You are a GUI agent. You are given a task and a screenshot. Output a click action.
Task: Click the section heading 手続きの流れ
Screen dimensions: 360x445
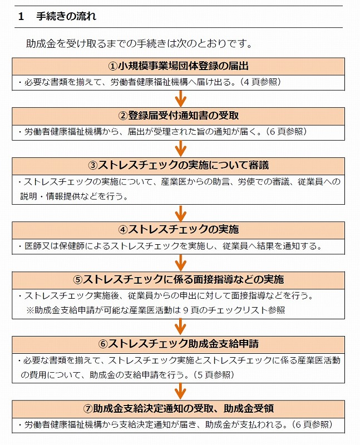66,17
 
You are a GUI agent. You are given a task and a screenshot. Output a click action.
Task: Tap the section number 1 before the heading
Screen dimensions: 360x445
21,17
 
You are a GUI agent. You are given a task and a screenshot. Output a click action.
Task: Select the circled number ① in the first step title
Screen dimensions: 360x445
113,66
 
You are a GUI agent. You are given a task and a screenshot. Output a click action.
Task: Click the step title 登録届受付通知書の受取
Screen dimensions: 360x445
183,116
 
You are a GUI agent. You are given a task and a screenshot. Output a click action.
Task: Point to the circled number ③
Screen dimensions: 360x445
93,165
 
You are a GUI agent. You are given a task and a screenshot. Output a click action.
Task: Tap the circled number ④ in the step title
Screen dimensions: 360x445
123,230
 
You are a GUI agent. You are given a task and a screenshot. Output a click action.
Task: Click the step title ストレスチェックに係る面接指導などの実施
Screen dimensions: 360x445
183,280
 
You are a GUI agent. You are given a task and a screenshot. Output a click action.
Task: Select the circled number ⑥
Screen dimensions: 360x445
103,344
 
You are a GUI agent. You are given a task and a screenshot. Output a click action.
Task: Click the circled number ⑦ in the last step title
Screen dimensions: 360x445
88,409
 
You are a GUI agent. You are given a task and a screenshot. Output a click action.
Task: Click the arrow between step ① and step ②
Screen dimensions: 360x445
181,99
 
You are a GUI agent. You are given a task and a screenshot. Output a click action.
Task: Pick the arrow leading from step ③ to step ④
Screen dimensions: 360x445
181,213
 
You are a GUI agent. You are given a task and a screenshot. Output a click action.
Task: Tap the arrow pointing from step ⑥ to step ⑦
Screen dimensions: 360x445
181,392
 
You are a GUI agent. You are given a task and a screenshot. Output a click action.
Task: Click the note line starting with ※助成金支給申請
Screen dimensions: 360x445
156,310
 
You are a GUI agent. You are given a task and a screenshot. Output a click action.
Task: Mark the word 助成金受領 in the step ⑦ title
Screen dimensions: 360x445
249,409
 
